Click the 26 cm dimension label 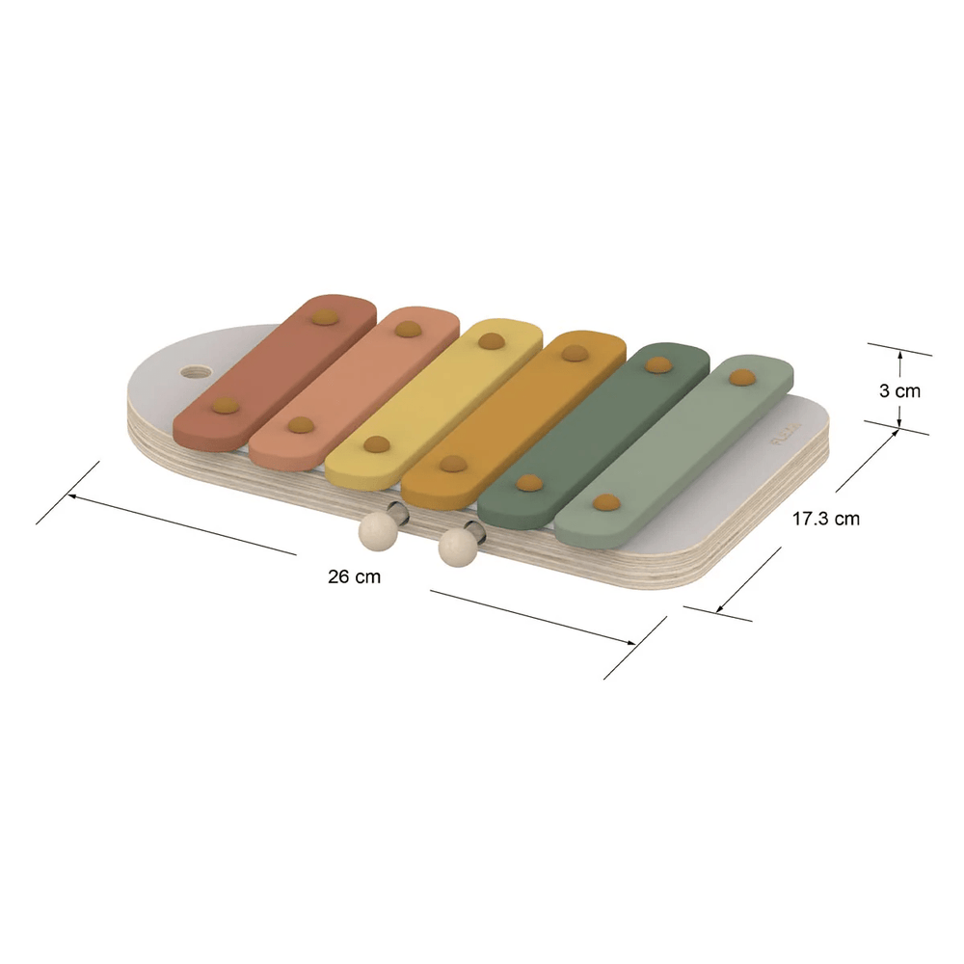[x=354, y=577]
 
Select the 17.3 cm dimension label [x=825, y=519]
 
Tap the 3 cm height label [x=899, y=391]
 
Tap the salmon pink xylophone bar [x=354, y=383]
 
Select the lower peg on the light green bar [x=606, y=501]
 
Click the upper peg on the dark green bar [x=658, y=364]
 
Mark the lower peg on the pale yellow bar [x=376, y=444]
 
